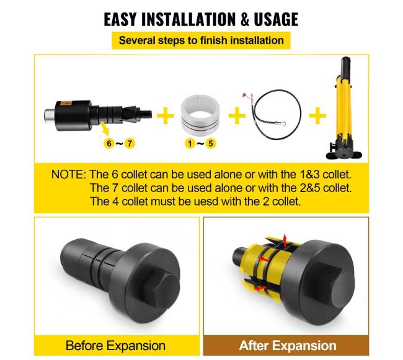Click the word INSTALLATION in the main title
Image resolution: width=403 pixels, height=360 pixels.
coord(188,19)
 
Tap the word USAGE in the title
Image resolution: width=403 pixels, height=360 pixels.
coord(276,19)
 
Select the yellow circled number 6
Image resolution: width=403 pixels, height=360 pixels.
coord(109,143)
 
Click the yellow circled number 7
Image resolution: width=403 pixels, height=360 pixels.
coord(130,143)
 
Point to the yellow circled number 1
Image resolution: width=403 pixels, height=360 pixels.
coord(190,143)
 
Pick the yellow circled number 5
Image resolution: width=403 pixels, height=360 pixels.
coord(211,143)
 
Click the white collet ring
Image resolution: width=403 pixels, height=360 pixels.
coord(200,113)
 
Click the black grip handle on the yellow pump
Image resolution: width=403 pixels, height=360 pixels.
coord(345,66)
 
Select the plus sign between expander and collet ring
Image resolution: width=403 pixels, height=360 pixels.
coord(166,115)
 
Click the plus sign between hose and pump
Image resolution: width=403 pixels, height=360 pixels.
coord(317,115)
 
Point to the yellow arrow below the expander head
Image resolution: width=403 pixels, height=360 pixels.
coord(105,128)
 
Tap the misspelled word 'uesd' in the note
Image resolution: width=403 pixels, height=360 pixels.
coord(206,201)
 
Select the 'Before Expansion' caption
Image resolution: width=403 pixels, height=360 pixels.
coord(115,345)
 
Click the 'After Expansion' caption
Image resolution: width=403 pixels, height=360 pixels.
coord(288,345)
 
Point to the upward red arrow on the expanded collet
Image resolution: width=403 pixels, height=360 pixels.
coord(284,241)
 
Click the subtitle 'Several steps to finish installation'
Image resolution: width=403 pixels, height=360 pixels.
coord(201,40)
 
